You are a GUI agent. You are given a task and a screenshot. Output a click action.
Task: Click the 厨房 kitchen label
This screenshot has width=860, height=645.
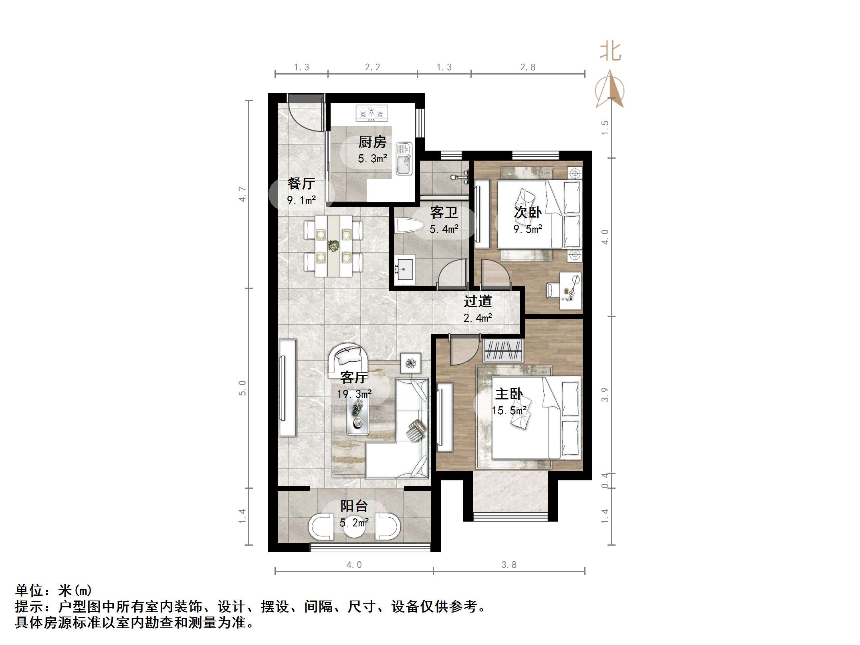[x=372, y=142]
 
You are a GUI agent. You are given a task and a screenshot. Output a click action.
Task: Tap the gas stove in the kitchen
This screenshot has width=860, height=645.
[x=372, y=113]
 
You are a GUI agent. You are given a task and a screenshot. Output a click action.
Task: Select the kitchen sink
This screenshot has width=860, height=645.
[x=404, y=159]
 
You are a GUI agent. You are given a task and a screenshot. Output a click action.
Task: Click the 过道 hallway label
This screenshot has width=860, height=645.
[x=478, y=301]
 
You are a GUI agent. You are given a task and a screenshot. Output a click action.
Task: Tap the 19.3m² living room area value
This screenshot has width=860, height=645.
[x=354, y=394]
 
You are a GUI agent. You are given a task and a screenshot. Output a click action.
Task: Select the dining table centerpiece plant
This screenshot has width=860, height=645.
[x=333, y=246]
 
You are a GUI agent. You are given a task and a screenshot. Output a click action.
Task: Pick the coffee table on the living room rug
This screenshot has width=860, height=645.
[x=357, y=417]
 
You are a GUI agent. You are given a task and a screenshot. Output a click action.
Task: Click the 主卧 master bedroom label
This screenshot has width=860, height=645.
[x=509, y=394]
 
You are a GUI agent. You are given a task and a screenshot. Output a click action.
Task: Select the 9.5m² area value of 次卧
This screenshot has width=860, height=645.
[x=528, y=229]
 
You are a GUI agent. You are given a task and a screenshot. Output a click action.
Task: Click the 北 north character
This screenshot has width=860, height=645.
[x=610, y=52]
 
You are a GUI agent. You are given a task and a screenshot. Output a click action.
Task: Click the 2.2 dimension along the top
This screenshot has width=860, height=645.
[x=372, y=67]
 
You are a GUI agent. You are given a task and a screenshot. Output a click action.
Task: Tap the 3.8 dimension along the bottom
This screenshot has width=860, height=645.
[x=509, y=565]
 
